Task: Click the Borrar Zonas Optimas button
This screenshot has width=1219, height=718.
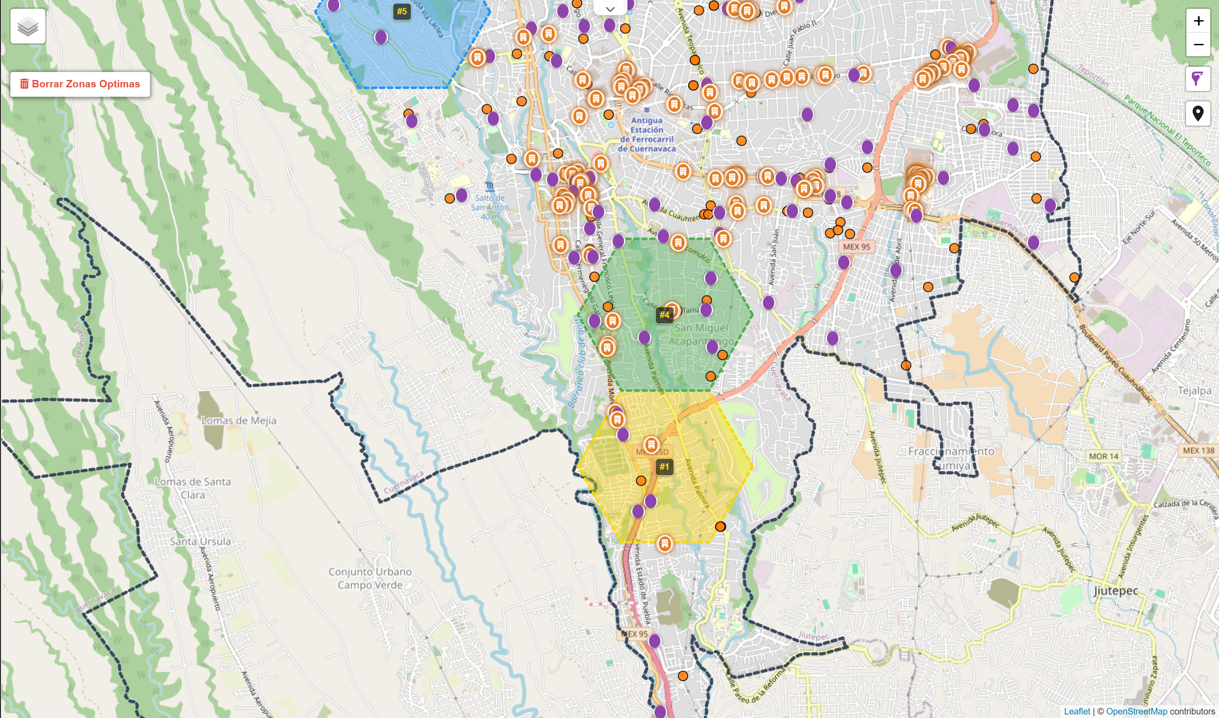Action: [x=80, y=84]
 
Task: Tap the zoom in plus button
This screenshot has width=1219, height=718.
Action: [x=1198, y=21]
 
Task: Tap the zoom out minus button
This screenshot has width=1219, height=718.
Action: [x=1198, y=44]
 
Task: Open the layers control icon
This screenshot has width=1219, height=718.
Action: [x=28, y=27]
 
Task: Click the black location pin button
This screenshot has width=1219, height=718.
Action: [x=1198, y=113]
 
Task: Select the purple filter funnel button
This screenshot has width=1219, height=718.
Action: [x=1198, y=78]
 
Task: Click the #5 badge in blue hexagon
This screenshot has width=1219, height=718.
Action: [x=402, y=11]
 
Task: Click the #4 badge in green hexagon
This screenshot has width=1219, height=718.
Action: [x=664, y=315]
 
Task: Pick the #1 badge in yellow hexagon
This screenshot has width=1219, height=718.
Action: [x=664, y=467]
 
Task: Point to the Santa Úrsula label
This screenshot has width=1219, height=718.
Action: [x=200, y=541]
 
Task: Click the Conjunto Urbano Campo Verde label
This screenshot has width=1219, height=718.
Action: [x=370, y=578]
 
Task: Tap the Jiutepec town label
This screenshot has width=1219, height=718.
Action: [x=1115, y=591]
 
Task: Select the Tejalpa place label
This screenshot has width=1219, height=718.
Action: [x=1194, y=391]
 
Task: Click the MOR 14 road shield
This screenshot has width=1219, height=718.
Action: [x=1103, y=456]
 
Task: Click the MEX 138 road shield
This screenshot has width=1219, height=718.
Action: [x=1198, y=451]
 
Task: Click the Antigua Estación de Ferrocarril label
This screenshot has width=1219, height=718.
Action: [x=647, y=134]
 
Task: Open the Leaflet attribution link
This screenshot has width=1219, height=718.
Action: [x=1077, y=711]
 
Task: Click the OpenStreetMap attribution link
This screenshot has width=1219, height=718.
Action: [x=1136, y=711]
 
